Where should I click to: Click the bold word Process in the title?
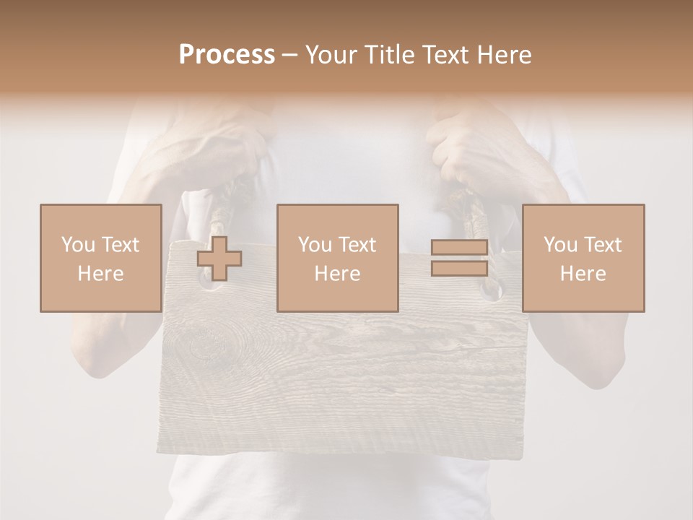tap(227, 55)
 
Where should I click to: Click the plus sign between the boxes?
tap(219, 259)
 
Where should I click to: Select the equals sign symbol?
tap(459, 259)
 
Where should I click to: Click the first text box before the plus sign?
tap(100, 259)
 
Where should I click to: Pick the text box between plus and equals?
tap(337, 259)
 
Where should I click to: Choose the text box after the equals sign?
tap(583, 259)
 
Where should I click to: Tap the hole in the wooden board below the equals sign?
tap(492, 291)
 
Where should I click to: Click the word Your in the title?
tap(331, 55)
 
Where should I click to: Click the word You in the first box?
tap(77, 245)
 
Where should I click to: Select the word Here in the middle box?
tap(337, 274)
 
